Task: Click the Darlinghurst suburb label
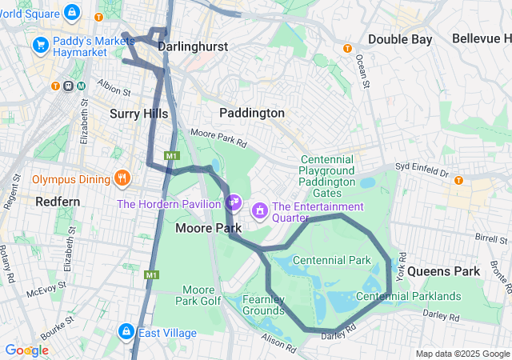click(x=193, y=47)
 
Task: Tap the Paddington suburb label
click(x=252, y=113)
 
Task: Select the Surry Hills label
click(x=138, y=114)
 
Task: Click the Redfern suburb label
click(x=58, y=202)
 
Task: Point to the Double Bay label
click(x=400, y=39)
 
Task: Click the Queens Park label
click(x=443, y=271)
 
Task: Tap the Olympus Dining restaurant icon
click(x=122, y=178)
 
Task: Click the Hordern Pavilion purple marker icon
click(x=234, y=202)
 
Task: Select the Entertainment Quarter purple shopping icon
click(x=260, y=210)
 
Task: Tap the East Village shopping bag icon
click(x=126, y=331)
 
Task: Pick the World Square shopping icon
click(x=73, y=13)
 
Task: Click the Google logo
click(x=26, y=350)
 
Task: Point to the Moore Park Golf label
click(x=198, y=295)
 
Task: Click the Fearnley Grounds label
click(x=263, y=305)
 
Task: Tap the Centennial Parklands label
click(x=408, y=297)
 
